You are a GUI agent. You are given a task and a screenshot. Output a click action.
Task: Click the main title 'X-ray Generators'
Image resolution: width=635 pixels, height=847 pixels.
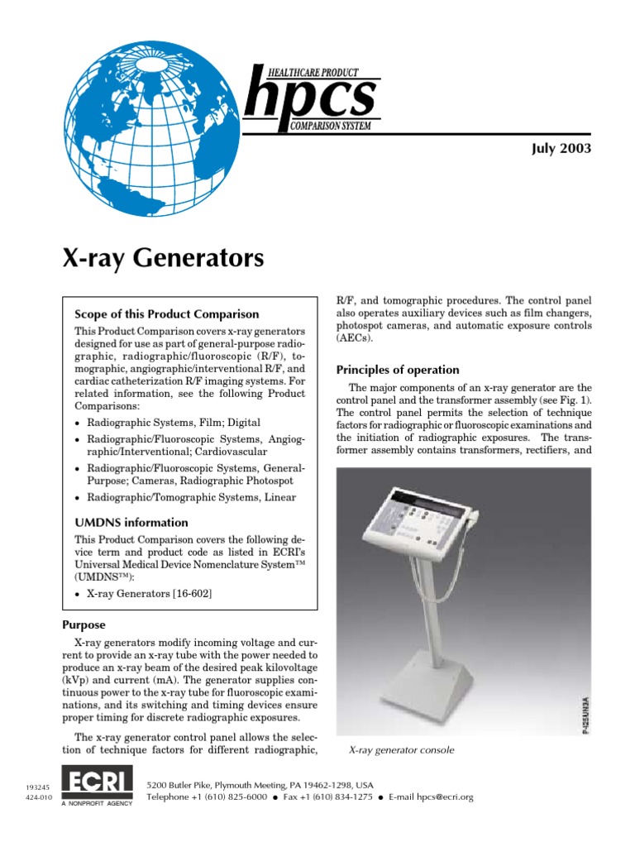[164, 258]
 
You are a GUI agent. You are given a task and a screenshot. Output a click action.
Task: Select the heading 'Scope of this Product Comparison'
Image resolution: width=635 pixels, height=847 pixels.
[167, 314]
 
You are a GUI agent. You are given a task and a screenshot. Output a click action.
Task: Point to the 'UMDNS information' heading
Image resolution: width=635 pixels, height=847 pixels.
[131, 523]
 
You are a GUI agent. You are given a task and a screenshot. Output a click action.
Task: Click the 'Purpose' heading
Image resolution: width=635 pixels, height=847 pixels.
[84, 625]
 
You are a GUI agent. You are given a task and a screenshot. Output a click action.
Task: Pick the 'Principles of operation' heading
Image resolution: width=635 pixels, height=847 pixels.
[398, 370]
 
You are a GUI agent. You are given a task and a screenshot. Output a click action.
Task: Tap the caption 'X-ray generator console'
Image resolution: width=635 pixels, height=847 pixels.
[402, 750]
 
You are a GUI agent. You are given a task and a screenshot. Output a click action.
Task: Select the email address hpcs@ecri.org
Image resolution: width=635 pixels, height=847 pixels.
[444, 797]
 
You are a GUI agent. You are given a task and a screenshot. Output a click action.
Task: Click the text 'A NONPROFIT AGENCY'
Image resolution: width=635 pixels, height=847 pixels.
[98, 803]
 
